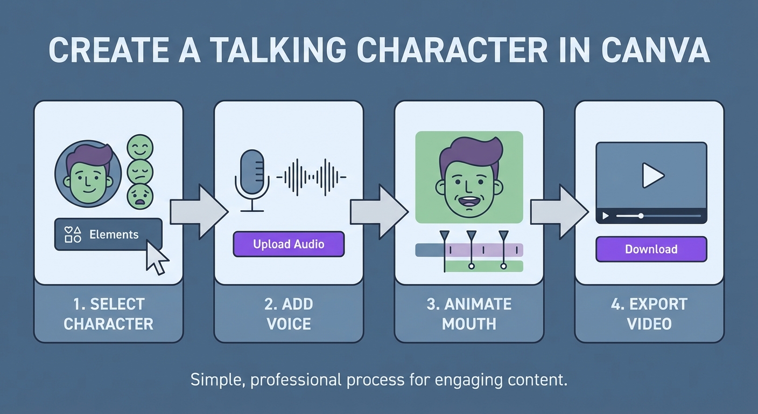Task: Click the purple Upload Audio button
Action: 289,244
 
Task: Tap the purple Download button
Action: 651,249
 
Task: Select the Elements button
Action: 108,234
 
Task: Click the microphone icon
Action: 252,180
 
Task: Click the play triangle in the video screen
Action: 653,175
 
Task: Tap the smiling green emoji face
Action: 140,147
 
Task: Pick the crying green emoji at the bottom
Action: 140,196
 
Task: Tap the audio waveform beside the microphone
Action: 311,177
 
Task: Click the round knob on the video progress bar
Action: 641,216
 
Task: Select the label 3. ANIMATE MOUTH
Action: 469,314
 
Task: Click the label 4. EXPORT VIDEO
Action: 649,314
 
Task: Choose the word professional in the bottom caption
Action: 296,380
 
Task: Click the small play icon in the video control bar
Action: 606,216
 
